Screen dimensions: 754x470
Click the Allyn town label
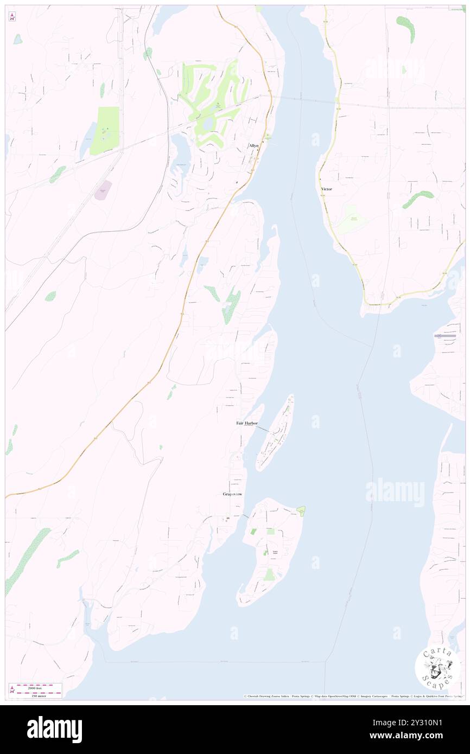point(254,145)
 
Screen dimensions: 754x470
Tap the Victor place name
point(326,189)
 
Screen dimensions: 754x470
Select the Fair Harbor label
point(247,423)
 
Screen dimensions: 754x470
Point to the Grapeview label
point(233,494)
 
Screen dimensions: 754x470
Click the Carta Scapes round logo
point(437,669)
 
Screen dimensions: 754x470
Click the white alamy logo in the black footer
point(54,729)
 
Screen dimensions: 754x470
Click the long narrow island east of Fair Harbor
point(276,432)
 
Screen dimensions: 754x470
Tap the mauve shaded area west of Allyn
point(103,190)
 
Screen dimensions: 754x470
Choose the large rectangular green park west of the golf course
point(105,130)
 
